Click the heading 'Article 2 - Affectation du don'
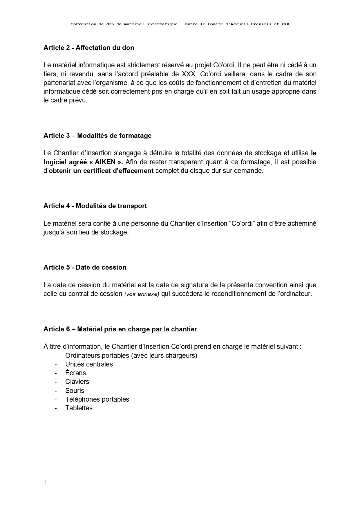[x=89, y=48]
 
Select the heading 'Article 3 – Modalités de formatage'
[x=97, y=136]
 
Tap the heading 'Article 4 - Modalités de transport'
[x=95, y=206]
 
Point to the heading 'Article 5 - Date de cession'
[x=85, y=267]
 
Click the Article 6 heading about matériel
[x=120, y=329]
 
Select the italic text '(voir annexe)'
[x=142, y=294]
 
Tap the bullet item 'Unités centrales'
[x=89, y=364]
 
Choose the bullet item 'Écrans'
[x=75, y=373]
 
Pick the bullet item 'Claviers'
[x=77, y=382]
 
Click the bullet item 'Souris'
[x=75, y=391]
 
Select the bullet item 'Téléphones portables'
[x=97, y=399]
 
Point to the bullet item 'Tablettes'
[x=79, y=408]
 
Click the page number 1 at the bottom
[x=45, y=483]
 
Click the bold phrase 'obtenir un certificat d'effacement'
[x=101, y=171]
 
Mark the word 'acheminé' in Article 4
[x=303, y=223]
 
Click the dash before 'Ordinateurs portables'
[x=56, y=355]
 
